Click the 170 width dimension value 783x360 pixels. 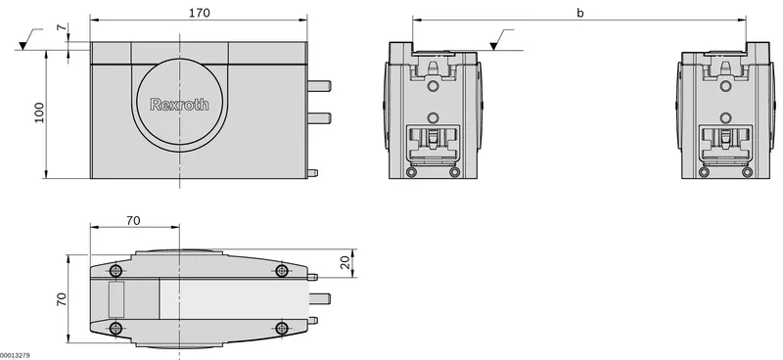pyautogui.click(x=200, y=13)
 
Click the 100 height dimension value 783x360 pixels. pyautogui.click(x=39, y=112)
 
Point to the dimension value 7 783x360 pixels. pyautogui.click(x=61, y=27)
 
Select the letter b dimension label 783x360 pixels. pyautogui.click(x=579, y=13)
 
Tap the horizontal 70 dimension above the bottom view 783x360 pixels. pyautogui.click(x=133, y=220)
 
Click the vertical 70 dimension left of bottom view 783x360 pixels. pyautogui.click(x=62, y=299)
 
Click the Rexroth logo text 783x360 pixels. pyautogui.click(x=180, y=105)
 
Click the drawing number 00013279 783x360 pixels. pyautogui.click(x=15, y=355)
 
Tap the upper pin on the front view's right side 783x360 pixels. pyautogui.click(x=319, y=86)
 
